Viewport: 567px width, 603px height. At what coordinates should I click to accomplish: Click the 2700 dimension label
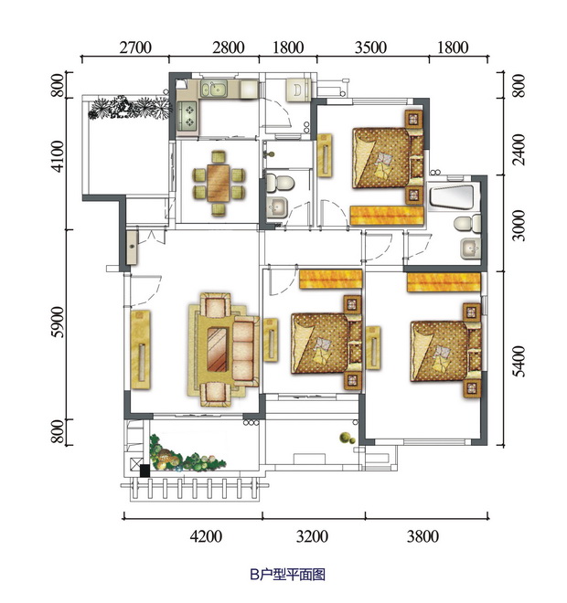(135, 48)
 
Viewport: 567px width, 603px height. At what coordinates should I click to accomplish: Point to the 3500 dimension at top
(370, 48)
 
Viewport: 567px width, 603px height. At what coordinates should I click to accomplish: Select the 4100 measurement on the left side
(58, 156)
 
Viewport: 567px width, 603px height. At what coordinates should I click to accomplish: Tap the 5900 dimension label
(58, 322)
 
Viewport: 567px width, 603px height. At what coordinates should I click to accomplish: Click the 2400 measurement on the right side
(519, 150)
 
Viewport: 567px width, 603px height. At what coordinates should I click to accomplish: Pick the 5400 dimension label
(519, 362)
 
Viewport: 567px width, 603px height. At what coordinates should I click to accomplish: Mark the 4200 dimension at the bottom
(206, 536)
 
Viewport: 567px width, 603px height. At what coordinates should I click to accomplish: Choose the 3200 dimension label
(312, 536)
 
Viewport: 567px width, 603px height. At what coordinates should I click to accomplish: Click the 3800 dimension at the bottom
(423, 536)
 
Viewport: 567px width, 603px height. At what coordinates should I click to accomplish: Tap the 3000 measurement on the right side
(519, 226)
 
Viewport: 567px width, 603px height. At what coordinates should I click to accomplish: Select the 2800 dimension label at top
(229, 48)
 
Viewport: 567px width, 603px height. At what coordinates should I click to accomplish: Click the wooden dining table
(219, 183)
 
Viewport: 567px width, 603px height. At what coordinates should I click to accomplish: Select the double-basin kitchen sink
(214, 89)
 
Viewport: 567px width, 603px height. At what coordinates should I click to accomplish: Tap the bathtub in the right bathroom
(452, 197)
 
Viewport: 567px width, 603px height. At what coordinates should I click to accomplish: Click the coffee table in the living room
(217, 349)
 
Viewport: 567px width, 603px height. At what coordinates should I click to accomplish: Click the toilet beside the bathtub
(467, 224)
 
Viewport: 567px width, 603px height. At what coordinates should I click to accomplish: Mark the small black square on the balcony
(144, 471)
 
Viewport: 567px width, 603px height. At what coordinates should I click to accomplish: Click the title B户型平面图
(287, 575)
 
